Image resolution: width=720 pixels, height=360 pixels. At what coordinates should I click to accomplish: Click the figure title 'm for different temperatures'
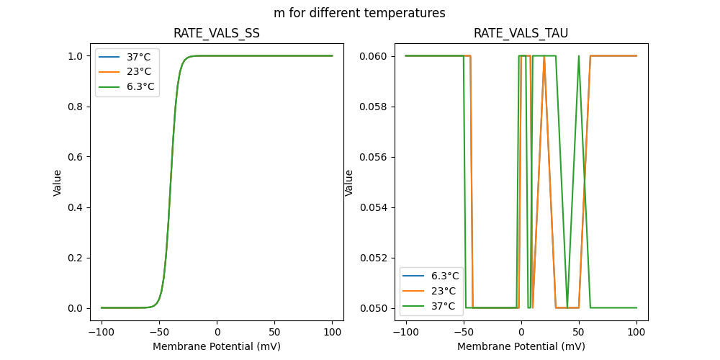pyautogui.click(x=359, y=13)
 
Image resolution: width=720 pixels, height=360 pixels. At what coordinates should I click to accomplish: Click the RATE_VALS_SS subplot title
pyautogui.click(x=217, y=33)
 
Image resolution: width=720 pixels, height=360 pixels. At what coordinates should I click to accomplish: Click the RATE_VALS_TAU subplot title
pyautogui.click(x=521, y=33)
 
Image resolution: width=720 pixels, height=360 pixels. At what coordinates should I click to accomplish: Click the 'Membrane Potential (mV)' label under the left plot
pyautogui.click(x=217, y=346)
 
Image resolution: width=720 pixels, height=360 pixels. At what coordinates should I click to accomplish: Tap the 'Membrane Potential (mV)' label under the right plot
pyautogui.click(x=521, y=346)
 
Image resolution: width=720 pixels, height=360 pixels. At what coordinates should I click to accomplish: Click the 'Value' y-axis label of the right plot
pyautogui.click(x=349, y=182)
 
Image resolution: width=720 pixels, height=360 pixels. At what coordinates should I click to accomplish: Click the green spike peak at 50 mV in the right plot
pyautogui.click(x=579, y=56)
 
